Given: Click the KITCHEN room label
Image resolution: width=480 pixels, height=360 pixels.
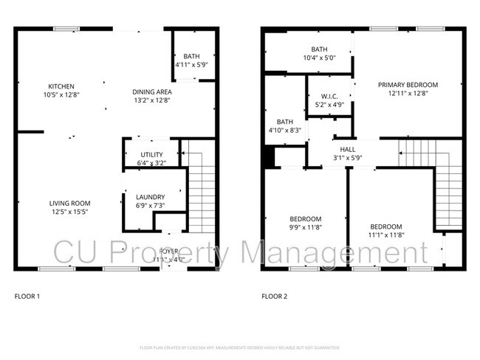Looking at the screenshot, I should click(61, 86).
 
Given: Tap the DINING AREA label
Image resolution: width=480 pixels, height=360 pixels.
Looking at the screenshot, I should click(151, 91).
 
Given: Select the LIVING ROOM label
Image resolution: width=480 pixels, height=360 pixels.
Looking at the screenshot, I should click(69, 204).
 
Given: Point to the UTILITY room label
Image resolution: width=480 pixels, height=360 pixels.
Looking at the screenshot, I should click(151, 155).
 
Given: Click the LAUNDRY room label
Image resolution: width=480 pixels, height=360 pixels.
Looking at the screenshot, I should click(151, 196).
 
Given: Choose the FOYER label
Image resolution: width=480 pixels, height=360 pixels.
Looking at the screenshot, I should click(169, 252).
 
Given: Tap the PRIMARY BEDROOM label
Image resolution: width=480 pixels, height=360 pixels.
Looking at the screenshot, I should click(408, 85).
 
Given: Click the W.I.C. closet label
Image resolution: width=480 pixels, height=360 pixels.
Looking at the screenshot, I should click(329, 97).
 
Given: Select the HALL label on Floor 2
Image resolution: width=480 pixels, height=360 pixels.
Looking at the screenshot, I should click(347, 149).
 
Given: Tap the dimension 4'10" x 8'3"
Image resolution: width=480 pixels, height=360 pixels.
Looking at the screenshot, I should click(285, 130).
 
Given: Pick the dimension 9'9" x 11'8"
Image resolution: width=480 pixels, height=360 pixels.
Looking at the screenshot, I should click(305, 228).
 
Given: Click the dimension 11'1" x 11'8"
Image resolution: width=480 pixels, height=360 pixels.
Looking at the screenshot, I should click(385, 235).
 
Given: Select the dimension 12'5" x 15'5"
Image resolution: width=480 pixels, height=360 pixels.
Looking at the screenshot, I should click(69, 212).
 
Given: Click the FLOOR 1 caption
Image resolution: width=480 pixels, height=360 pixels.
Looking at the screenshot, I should click(27, 297).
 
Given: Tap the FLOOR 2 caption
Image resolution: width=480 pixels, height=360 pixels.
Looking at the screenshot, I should click(274, 297).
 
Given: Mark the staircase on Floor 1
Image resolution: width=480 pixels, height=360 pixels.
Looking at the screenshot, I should click(201, 195).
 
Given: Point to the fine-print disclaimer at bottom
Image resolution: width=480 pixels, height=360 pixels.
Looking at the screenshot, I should click(239, 347).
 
